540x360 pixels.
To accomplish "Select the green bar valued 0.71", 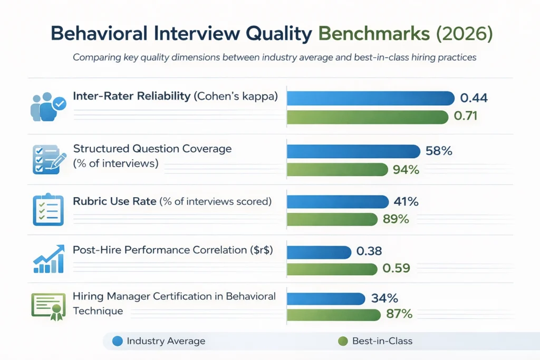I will pos(367,116).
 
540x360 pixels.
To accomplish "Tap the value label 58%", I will pos(439,151).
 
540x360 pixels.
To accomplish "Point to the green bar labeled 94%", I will pos(337,170).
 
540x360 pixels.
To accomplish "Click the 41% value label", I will pos(406,201).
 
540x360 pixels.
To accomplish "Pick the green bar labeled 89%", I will pos(332,219).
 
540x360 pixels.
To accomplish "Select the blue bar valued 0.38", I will pos(319,252).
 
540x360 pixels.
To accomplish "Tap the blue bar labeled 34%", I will pos(326,298).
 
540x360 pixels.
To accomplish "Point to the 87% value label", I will pos(399,314).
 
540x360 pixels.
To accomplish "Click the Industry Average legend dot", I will pos(118,341).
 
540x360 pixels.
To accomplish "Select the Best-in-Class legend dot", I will pos(343,341).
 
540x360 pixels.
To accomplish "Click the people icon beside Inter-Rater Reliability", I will pos(48,107).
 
